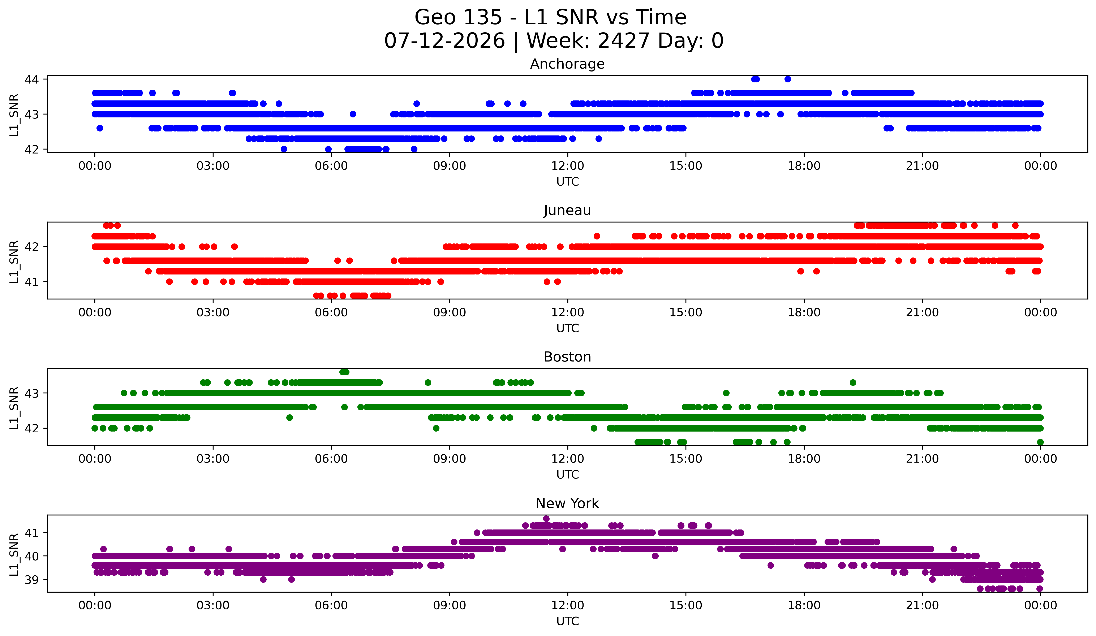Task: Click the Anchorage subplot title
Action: coord(567,64)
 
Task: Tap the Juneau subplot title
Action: coord(567,210)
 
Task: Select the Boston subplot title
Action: coord(567,357)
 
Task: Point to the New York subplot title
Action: coord(567,503)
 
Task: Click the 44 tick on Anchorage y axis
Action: coord(32,79)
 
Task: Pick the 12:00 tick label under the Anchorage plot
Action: coord(568,166)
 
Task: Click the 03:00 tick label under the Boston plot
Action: coord(213,459)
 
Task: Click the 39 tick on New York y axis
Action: coord(32,579)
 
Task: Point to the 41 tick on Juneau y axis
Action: coord(32,282)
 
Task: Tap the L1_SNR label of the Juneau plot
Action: coord(14,262)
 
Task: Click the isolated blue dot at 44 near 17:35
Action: coord(788,79)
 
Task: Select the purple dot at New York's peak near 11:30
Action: coord(546,519)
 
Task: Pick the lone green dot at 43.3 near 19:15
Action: coord(853,382)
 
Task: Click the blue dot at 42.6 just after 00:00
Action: coord(100,128)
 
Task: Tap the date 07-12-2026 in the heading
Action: coord(444,41)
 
